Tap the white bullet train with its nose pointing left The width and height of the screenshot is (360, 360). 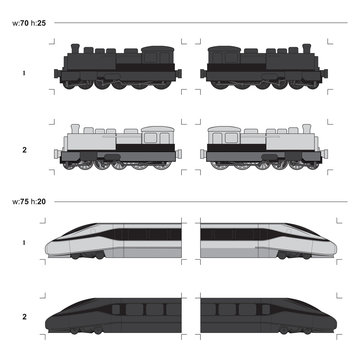click(115, 243)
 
